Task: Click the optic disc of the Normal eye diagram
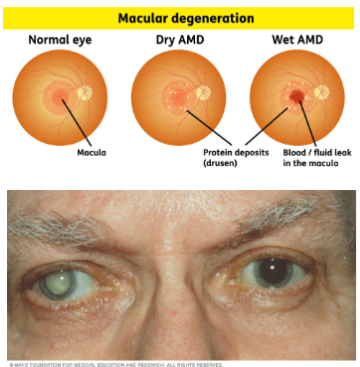(84, 92)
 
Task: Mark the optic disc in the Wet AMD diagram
(322, 92)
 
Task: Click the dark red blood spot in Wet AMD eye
(298, 97)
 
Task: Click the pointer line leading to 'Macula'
(79, 125)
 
